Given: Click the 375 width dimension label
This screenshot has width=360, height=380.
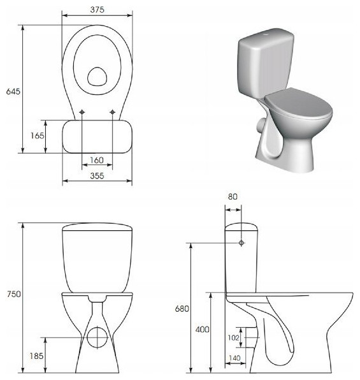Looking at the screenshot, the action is [97, 10].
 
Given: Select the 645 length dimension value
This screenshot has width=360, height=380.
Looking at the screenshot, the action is [13, 91].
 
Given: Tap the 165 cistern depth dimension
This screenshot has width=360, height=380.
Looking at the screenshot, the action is [38, 135].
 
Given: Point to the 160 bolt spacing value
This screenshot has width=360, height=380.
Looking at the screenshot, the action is [97, 160].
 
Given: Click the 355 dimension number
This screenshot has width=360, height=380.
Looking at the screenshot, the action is [97, 176].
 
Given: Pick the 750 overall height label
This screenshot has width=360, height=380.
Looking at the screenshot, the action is [14, 294].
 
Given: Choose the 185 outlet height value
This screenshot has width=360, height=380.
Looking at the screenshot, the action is [36, 356].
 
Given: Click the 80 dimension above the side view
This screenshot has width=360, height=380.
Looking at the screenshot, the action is [233, 196].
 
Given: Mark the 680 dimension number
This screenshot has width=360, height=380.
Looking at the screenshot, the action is [182, 309].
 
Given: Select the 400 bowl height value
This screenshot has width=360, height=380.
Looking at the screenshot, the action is [203, 330].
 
